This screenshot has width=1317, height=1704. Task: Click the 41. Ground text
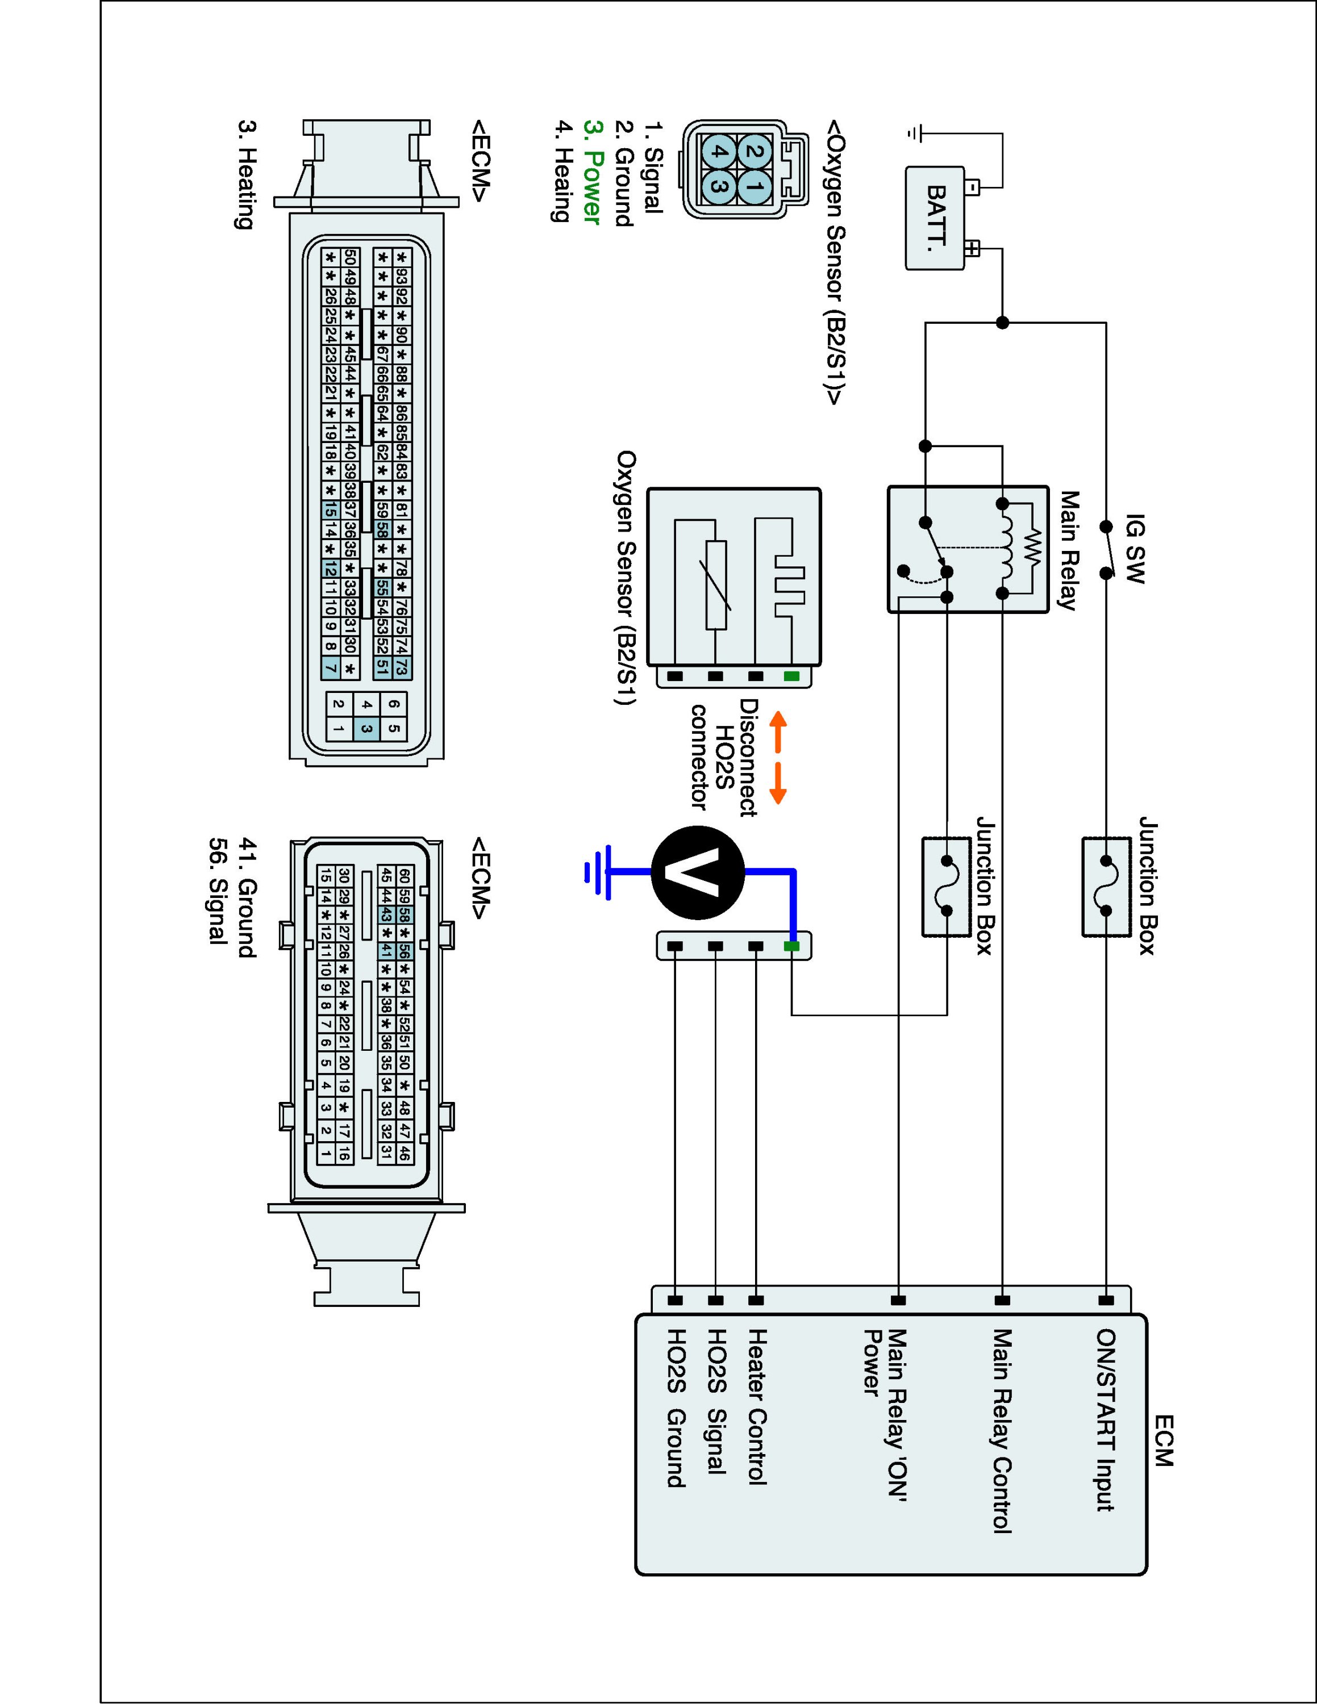pyautogui.click(x=247, y=898)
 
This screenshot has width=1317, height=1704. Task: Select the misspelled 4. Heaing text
pyautogui.click(x=560, y=171)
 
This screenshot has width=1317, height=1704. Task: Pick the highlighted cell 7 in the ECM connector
pyautogui.click(x=331, y=668)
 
